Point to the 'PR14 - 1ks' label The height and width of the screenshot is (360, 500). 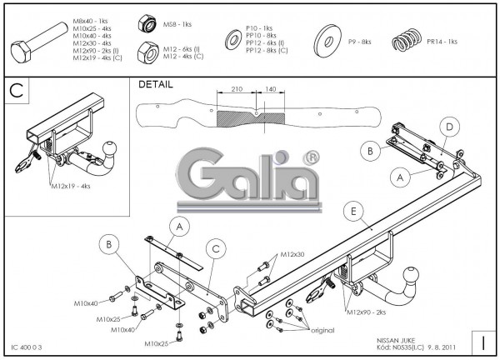441,41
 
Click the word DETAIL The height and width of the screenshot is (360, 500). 157,84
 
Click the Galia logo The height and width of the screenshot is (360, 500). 250,170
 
